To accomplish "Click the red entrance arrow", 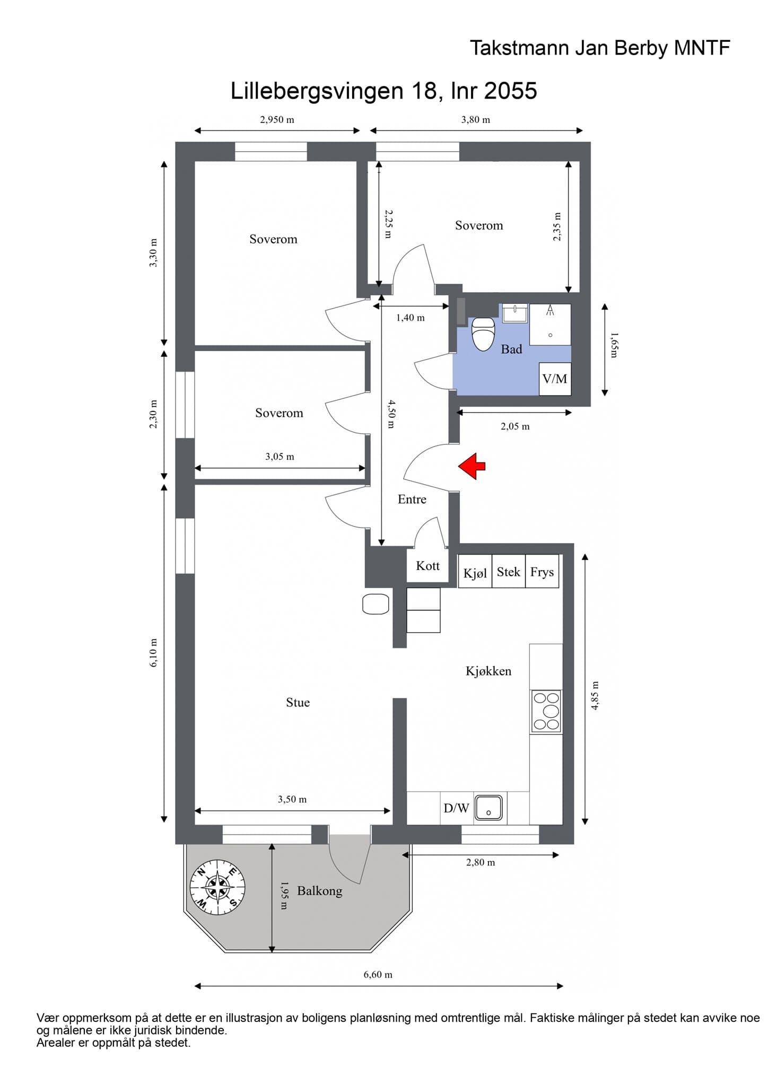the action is click(x=472, y=466).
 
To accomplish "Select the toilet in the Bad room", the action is click(x=483, y=334).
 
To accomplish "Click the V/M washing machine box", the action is click(x=555, y=379).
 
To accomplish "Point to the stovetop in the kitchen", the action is click(x=546, y=712).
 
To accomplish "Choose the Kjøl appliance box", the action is click(x=475, y=571).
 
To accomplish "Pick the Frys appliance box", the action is click(x=542, y=571).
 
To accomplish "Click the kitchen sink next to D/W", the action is click(x=488, y=808).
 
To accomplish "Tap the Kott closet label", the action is click(x=427, y=566).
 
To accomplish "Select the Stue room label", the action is click(x=298, y=703).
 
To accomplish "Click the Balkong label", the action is click(x=320, y=891).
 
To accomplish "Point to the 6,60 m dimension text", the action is click(x=378, y=975).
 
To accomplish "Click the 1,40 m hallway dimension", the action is click(x=411, y=318).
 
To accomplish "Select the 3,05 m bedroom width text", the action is click(x=280, y=457).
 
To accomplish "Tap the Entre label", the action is click(x=412, y=500).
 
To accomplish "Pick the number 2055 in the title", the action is click(x=510, y=91).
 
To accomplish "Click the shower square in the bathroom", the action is click(x=550, y=325).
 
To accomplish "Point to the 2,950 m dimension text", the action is click(x=277, y=120).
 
